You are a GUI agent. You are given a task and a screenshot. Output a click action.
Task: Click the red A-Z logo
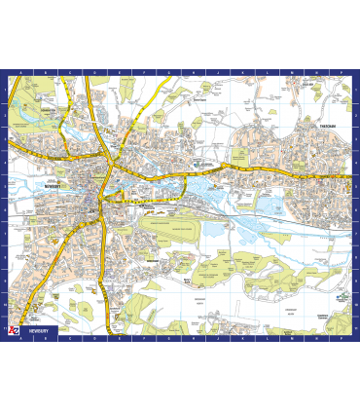point(13,329)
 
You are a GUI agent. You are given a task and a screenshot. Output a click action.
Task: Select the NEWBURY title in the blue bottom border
point(39,329)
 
